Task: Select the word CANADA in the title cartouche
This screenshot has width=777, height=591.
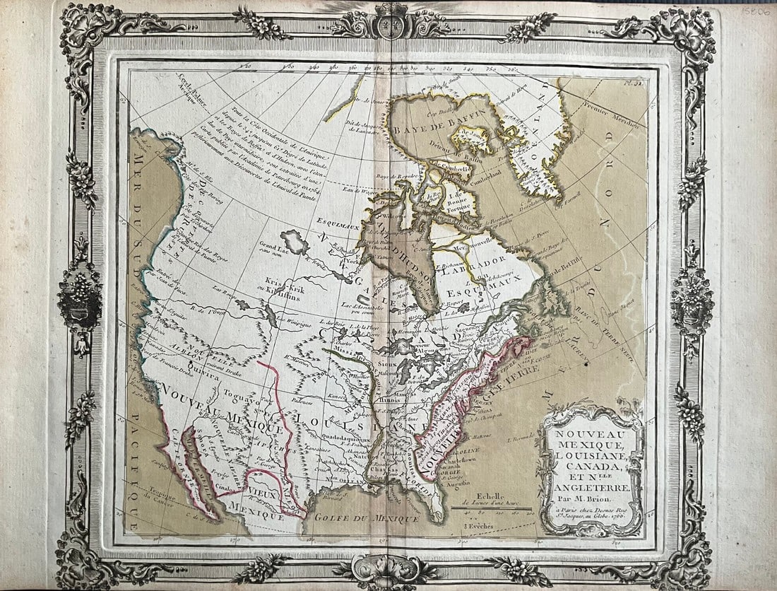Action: click(591, 467)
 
